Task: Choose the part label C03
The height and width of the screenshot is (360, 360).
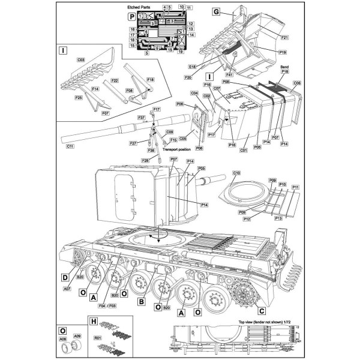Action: click(80, 61)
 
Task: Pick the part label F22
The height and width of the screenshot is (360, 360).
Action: click(114, 80)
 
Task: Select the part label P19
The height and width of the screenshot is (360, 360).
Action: click(282, 52)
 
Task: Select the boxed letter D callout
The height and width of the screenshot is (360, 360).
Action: click(64, 278)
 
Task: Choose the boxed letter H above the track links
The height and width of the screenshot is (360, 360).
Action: click(93, 322)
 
